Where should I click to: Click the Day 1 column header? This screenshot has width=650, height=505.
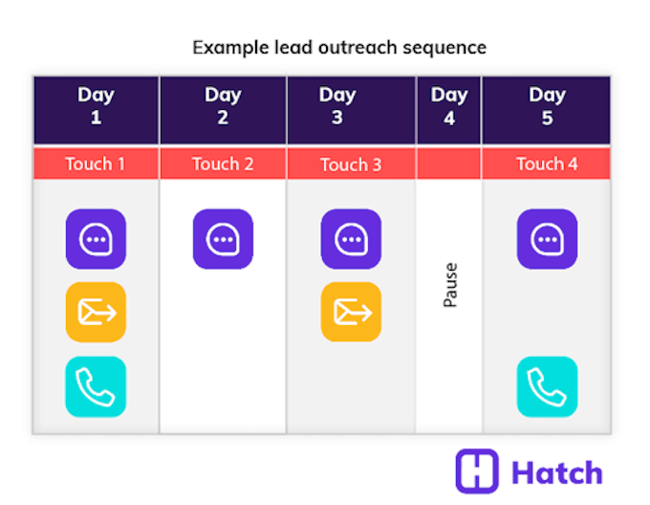coord(96,106)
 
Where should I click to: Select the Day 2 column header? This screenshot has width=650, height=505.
coord(223,106)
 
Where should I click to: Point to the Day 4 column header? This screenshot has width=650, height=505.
coord(448,106)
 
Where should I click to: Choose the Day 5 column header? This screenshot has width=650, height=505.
coord(547,106)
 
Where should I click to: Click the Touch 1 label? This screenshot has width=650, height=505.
coord(96,164)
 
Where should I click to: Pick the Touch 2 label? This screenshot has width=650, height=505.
coord(223,164)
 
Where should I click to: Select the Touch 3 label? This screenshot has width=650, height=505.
coord(351,165)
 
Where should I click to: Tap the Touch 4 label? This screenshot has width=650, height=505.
coord(547,164)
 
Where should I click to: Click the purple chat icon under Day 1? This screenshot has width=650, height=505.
coord(96,239)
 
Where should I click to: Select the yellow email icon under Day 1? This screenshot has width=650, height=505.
coord(96,312)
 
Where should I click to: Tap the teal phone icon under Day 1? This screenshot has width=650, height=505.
coord(96,386)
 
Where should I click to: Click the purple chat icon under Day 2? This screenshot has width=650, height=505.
coord(223,239)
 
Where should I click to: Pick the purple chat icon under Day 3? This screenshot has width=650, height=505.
coord(351,239)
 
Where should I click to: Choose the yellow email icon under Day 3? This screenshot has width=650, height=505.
coord(351,312)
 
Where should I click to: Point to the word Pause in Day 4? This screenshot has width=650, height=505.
coord(450,285)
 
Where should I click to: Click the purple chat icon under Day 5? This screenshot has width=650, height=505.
coord(547,239)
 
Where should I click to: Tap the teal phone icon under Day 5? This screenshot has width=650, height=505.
coord(547,386)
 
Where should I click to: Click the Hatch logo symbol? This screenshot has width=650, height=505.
coord(477,472)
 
